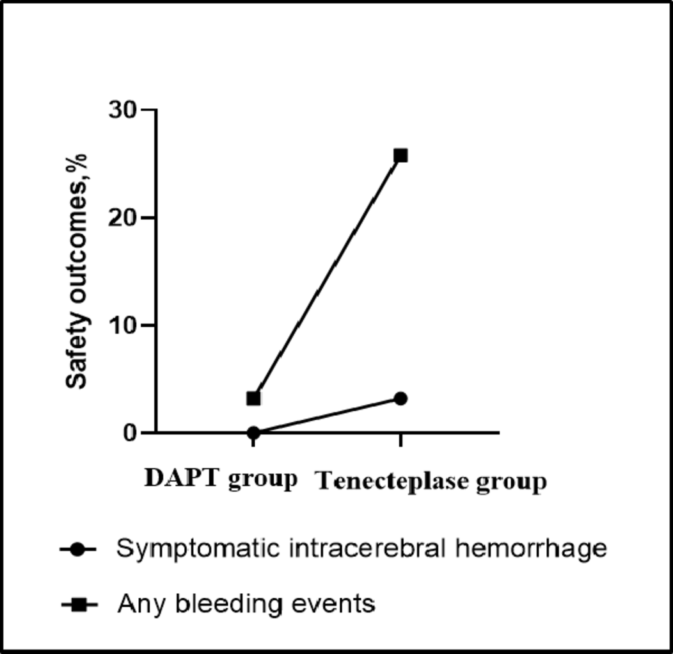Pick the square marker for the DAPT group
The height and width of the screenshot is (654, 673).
tap(253, 398)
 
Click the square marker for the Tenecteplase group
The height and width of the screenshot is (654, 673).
tap(400, 155)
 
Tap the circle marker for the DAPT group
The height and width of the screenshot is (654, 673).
tap(253, 432)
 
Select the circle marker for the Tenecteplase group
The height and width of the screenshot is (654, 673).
tap(400, 398)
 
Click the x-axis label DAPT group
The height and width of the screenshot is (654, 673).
tap(221, 479)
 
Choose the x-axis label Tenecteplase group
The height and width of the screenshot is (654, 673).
tap(432, 482)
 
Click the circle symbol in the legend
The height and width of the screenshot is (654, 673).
tap(77, 550)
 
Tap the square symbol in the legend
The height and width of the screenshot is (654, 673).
tap(77, 603)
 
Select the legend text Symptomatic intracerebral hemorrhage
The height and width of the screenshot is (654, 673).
tap(361, 549)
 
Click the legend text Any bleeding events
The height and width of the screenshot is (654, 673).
tap(246, 603)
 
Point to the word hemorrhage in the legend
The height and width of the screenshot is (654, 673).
tap(537, 549)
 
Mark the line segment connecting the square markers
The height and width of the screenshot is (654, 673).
tap(327, 277)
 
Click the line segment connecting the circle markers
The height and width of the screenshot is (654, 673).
tap(327, 415)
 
